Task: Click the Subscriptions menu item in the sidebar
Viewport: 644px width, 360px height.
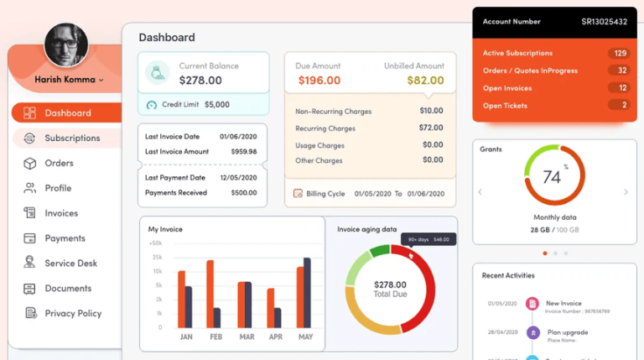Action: coord(71,138)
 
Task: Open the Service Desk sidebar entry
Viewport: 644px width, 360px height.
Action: coord(70,263)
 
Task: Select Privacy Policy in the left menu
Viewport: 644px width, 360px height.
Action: coord(72,313)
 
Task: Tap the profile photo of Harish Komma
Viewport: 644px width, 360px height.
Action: coord(66,45)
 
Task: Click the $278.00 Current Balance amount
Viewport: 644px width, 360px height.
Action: coord(200,81)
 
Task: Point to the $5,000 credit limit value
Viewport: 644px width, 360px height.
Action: coord(216,105)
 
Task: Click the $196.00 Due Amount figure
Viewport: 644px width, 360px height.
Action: coord(319,81)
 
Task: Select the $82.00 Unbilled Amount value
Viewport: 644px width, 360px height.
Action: coord(425,81)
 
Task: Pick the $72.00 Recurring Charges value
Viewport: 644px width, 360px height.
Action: coord(431,128)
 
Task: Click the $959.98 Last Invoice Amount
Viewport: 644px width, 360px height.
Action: coord(244,152)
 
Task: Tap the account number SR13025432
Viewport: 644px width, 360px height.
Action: coord(604,22)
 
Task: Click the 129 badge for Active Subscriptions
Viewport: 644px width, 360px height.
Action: coord(620,53)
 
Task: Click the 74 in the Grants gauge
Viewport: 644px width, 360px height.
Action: coord(551,177)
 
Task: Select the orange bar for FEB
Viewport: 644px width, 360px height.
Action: coord(210,294)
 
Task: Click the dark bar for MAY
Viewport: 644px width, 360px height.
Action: coord(307,292)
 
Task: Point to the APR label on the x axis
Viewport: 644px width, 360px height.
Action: coord(276,337)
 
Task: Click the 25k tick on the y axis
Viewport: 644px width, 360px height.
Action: coord(157,257)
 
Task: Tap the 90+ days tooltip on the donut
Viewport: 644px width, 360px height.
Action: coord(428,239)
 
